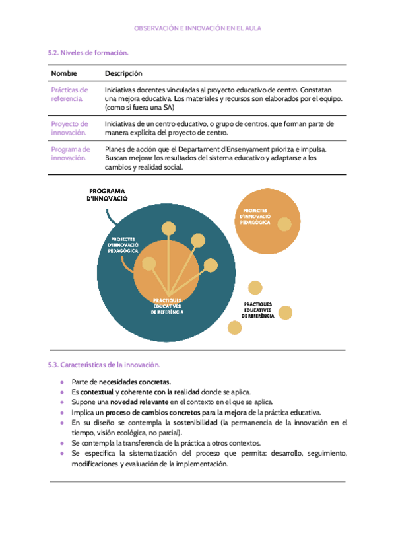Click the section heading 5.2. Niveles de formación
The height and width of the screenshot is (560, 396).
point(88,52)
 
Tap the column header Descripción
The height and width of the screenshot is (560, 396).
point(123,73)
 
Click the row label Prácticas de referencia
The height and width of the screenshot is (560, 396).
point(69,94)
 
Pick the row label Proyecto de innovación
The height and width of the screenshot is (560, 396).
point(69,128)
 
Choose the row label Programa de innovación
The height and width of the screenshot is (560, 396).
point(70,154)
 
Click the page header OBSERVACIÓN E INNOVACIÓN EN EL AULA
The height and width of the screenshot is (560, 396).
point(198,29)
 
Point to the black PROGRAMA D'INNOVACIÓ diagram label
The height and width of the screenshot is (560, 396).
point(107,194)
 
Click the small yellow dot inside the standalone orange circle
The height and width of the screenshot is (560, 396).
point(284,225)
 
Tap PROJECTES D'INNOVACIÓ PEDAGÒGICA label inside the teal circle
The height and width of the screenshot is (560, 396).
point(123,245)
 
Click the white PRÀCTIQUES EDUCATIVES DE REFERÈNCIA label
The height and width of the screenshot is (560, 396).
point(168,306)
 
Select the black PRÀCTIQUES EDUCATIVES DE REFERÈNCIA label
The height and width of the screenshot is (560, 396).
point(258,310)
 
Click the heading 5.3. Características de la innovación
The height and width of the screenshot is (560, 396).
point(104,365)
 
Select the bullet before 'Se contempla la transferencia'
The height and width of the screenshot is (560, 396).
point(62,443)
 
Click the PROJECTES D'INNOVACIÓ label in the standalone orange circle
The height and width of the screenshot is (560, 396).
point(255,216)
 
